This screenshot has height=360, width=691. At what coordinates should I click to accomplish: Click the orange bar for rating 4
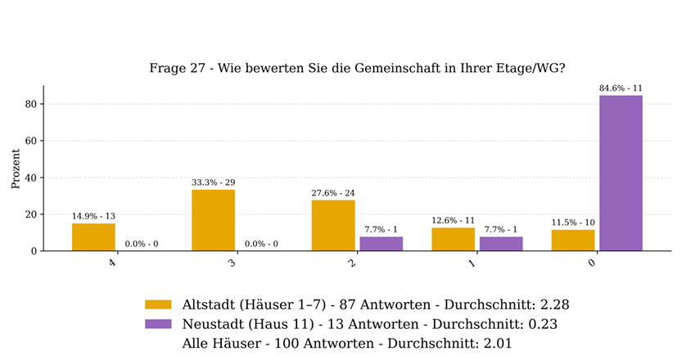93,237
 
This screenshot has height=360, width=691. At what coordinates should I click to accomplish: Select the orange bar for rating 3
214,220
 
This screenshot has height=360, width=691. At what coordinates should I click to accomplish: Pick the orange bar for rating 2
333,226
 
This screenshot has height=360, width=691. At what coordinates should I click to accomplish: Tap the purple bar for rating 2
382,244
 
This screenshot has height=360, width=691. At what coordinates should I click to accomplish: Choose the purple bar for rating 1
501,244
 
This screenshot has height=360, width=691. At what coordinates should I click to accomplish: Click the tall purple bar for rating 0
621,173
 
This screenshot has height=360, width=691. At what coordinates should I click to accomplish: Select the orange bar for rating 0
573,241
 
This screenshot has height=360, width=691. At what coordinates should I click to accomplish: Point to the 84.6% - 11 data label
621,88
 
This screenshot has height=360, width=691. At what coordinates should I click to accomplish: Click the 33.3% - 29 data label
214,182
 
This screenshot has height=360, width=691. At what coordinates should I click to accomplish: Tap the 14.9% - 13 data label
93,216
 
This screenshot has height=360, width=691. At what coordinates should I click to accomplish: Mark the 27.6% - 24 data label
333,193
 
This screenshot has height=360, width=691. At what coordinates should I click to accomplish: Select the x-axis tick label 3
233,263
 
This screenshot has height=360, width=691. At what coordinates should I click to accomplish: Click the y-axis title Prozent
16,169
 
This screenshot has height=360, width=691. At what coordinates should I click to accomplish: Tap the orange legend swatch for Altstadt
158,304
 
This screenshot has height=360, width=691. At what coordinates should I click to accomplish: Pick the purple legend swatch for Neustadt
158,324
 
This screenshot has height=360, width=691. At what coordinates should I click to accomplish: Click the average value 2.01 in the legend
498,344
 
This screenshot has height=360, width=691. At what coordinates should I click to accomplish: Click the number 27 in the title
198,69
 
